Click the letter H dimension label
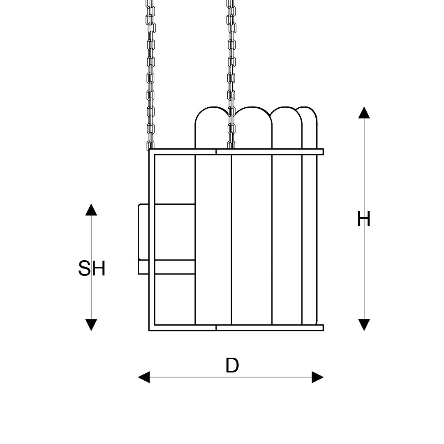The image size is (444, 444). (x=364, y=219)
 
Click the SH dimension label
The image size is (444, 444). (x=92, y=269)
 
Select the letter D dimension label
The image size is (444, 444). (x=232, y=365)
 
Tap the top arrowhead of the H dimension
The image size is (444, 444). (x=364, y=113)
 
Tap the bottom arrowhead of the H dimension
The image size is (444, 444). (x=364, y=325)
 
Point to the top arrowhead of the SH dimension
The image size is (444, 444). (x=91, y=210)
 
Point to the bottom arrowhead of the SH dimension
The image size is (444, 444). (x=91, y=325)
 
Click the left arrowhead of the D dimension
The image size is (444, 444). (x=144, y=377)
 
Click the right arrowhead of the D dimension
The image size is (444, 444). (x=317, y=377)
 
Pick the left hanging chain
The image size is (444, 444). (x=150, y=74)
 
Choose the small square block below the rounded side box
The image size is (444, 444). (x=143, y=267)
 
